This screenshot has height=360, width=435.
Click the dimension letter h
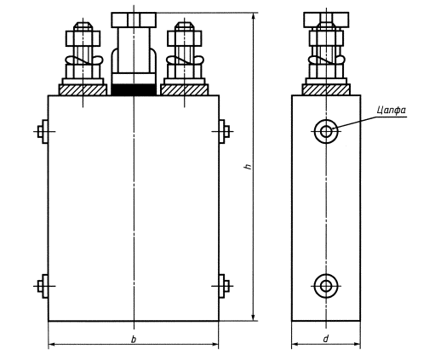[x=248, y=166]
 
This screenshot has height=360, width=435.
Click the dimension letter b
[x=134, y=339]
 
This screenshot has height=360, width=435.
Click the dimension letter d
[x=326, y=339]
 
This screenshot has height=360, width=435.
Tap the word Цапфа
[x=392, y=110]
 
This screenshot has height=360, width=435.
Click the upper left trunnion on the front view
[x=43, y=132]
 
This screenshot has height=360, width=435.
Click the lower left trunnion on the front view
[x=43, y=286]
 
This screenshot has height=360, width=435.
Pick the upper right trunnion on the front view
[x=224, y=132]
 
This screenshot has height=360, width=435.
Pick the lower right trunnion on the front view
[x=224, y=286]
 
